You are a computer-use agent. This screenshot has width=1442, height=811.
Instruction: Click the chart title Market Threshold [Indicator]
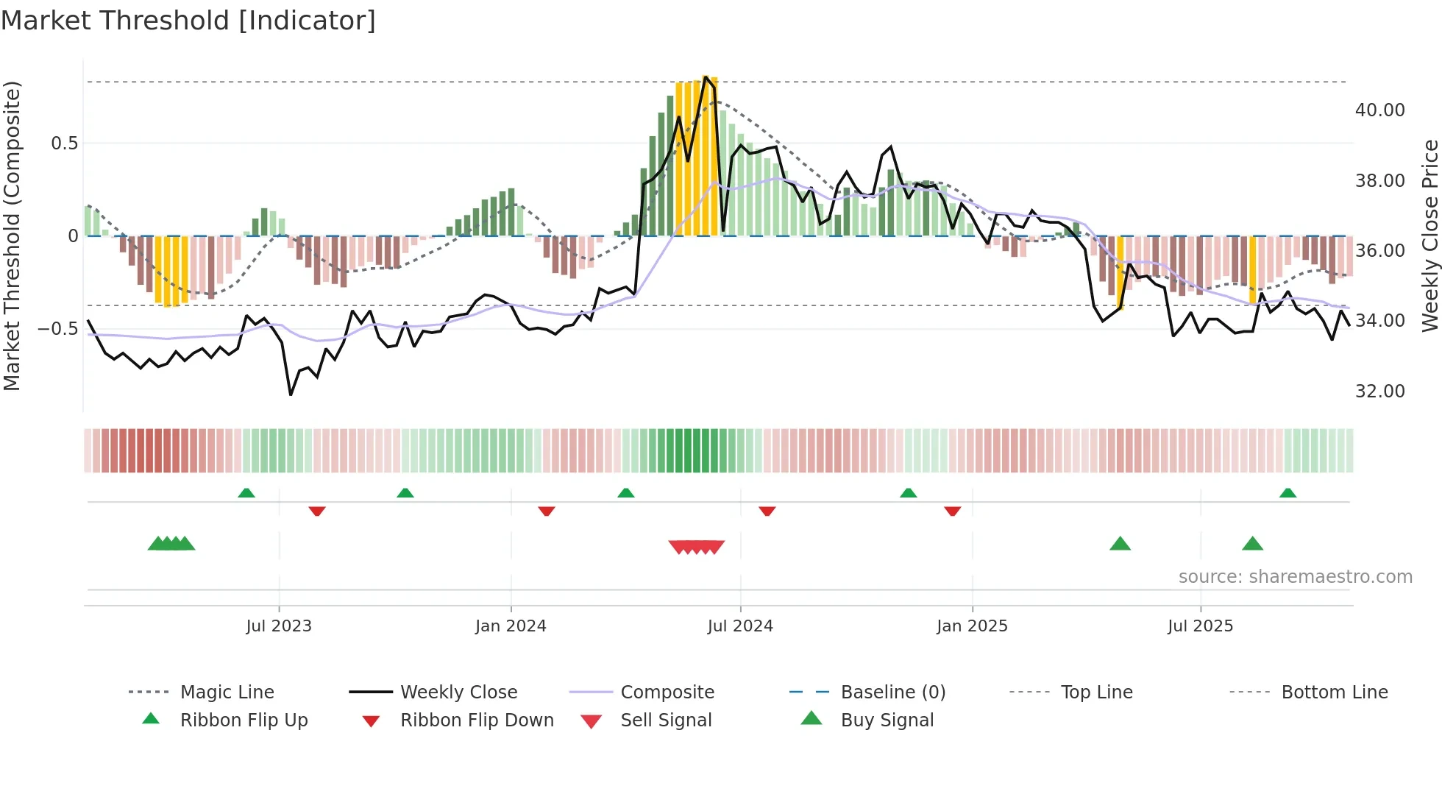[188, 21]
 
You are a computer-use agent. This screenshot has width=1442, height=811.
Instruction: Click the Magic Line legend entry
[227, 692]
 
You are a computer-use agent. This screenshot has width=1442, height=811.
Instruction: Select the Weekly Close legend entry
[458, 692]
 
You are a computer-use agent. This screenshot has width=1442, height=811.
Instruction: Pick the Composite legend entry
[667, 692]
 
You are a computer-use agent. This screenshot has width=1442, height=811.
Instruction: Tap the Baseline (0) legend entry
[892, 692]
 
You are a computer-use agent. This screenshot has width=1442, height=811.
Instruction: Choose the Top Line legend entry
[1096, 692]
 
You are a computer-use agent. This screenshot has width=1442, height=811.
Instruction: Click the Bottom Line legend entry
[1334, 692]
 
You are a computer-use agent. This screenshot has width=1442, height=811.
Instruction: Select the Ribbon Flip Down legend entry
[477, 720]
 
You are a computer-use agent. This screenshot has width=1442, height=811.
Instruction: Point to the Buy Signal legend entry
[887, 720]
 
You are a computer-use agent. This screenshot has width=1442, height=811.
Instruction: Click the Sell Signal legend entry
[666, 720]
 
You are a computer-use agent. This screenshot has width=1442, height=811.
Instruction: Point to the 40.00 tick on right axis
[1379, 110]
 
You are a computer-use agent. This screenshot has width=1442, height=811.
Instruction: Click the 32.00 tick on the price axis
[1379, 391]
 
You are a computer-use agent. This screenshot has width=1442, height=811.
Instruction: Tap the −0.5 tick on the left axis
[57, 328]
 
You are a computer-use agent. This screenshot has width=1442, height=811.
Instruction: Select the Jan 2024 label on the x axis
[511, 626]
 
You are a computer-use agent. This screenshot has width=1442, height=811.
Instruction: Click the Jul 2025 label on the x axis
[1200, 626]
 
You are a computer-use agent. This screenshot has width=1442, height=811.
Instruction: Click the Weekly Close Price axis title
[1429, 235]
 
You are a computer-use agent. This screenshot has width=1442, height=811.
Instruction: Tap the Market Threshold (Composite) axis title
[12, 235]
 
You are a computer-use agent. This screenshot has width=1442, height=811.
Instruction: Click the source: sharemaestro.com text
[1295, 576]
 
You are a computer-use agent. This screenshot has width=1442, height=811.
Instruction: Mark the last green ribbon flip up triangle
[1287, 493]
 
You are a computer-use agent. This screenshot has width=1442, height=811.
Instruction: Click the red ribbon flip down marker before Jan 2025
[952, 511]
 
